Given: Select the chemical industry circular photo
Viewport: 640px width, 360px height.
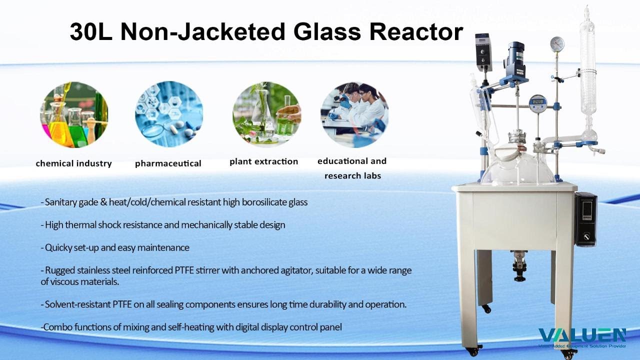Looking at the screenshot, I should (74, 114).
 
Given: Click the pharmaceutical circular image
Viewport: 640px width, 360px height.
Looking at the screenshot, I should (169, 114).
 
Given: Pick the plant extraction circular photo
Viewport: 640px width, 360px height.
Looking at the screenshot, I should (266, 114).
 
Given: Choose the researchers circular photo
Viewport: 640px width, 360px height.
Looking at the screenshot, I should (354, 114).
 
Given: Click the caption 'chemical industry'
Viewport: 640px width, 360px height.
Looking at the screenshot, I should (74, 163).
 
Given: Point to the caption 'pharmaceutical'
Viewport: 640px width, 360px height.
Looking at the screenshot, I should (168, 163).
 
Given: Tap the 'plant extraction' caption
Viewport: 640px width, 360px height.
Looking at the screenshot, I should (263, 161).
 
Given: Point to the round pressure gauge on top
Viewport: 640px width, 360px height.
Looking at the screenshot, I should (557, 44).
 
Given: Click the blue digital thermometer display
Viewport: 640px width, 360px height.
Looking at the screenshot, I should (537, 103).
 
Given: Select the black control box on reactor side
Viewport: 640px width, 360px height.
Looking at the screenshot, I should (585, 219).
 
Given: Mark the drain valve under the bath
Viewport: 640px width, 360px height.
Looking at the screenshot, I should (518, 265).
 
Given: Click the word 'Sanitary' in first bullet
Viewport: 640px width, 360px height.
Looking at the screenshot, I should (60, 202).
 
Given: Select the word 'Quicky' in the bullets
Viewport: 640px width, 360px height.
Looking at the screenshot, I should (58, 247).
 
